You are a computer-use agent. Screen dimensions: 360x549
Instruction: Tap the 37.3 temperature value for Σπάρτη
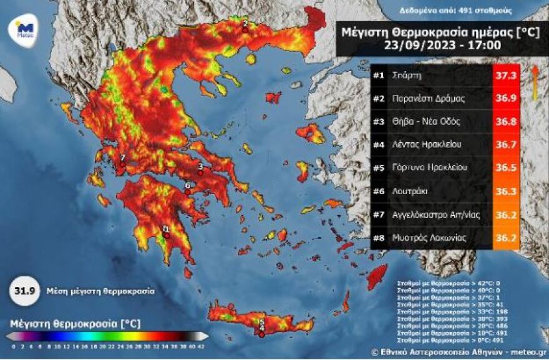point(506,75)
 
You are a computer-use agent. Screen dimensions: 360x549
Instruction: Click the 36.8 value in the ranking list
point(506,122)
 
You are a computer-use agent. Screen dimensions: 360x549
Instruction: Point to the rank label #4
point(379,145)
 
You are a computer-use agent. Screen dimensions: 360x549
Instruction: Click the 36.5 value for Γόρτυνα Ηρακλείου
point(506,168)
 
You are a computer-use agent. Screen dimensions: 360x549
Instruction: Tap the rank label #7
point(379,214)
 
